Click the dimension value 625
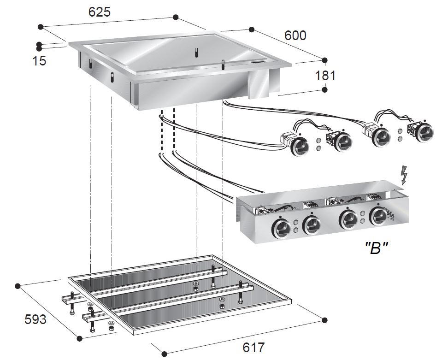[x=100, y=12]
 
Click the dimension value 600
[x=295, y=35]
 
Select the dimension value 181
[x=325, y=75]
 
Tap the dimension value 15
[x=40, y=60]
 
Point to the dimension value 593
[x=35, y=319]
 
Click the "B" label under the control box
[x=376, y=248]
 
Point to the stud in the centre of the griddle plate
[x=196, y=52]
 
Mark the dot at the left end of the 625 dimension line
[x=41, y=27]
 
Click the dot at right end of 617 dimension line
[x=324, y=320]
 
